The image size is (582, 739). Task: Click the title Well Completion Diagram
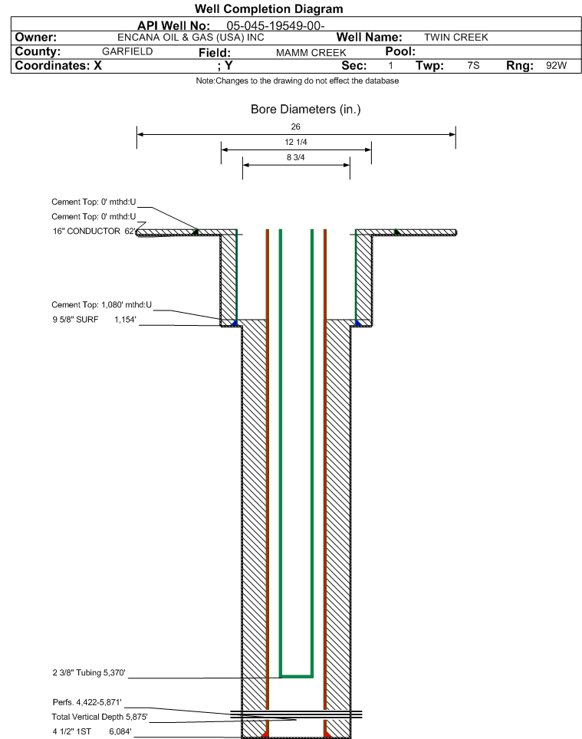point(268,8)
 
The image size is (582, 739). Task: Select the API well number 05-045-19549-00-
point(275,25)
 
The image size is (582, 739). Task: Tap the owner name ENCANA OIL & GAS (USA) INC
point(191,38)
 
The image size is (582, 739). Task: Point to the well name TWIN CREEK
point(455,38)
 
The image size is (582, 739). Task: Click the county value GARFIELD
point(127,51)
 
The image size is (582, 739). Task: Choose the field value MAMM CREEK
point(311,52)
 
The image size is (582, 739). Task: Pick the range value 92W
point(556,65)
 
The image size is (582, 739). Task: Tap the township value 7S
point(473,65)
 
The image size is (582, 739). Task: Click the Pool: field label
point(400,51)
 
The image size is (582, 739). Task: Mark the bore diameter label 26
point(295,126)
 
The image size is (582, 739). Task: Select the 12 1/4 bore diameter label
point(296,142)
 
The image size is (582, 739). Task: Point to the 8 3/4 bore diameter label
point(295,157)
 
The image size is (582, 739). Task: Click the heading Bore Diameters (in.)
point(305,110)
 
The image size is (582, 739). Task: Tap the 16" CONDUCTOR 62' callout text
point(94,231)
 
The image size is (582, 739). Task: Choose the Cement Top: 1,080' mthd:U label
point(102,304)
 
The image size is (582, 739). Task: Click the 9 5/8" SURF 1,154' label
point(94,320)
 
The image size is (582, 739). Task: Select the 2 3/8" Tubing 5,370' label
point(89,672)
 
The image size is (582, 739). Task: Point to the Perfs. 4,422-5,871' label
point(87,702)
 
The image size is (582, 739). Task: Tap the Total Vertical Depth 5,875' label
point(100,717)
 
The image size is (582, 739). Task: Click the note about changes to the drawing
point(298,80)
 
